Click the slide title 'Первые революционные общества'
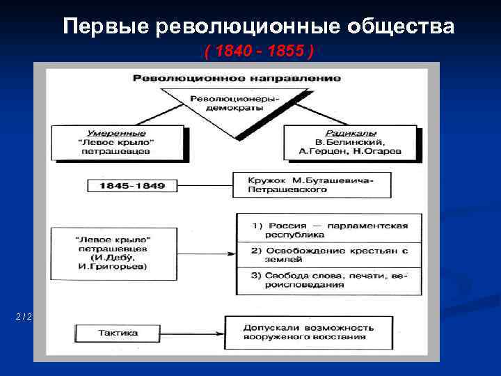point(258,27)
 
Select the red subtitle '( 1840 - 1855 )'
point(258,52)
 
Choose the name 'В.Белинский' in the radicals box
point(351,141)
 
